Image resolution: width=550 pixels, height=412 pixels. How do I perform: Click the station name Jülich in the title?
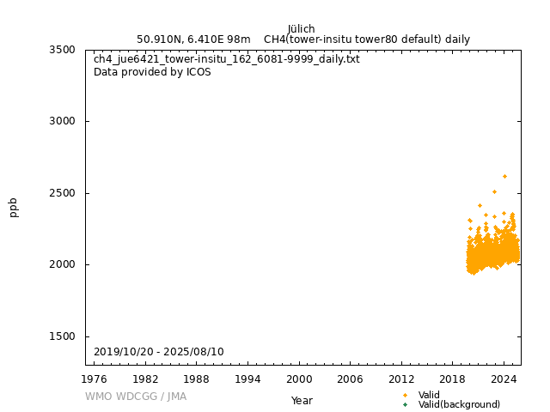click(x=301, y=28)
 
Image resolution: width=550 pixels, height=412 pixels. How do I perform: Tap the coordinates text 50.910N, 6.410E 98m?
click(x=193, y=39)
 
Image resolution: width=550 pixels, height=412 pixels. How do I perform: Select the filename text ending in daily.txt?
click(x=227, y=59)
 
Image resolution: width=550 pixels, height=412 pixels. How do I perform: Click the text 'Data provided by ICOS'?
click(x=152, y=72)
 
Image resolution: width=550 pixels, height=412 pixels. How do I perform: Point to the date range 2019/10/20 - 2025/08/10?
click(x=159, y=352)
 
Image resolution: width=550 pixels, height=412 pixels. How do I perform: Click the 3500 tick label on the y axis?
click(x=68, y=50)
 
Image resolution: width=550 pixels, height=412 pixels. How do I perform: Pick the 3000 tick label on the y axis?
click(x=68, y=121)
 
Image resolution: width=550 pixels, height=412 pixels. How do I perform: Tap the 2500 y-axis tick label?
click(x=68, y=193)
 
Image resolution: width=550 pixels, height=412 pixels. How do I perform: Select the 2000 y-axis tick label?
click(x=68, y=264)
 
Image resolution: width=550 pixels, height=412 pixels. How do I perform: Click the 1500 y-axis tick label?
click(x=68, y=336)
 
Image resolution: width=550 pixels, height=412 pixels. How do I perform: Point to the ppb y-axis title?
click(x=14, y=207)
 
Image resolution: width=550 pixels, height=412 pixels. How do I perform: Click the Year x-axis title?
click(x=302, y=400)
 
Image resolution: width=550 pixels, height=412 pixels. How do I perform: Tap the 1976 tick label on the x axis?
click(x=95, y=379)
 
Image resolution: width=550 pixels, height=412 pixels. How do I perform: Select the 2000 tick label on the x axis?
click(x=299, y=379)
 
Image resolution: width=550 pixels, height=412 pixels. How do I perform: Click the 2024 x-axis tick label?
click(x=504, y=379)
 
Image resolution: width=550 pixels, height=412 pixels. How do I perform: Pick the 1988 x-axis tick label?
click(x=197, y=379)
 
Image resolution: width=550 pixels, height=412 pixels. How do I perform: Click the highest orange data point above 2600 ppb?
click(x=504, y=176)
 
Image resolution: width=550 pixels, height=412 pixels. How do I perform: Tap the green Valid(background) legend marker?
click(x=405, y=404)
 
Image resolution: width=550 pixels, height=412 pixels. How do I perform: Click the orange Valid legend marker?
click(x=405, y=395)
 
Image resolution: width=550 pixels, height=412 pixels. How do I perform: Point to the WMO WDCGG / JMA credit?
click(x=136, y=397)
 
